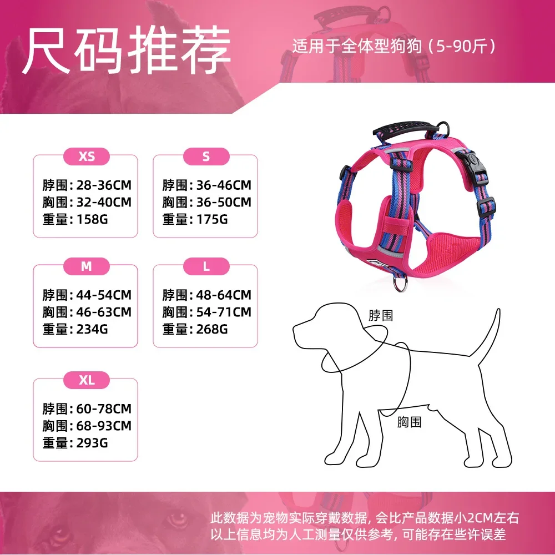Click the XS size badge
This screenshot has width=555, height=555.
[x=87, y=157]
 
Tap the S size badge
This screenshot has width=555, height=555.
[x=206, y=157]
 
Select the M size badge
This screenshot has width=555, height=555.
[x=87, y=266]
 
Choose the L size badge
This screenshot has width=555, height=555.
[x=206, y=266]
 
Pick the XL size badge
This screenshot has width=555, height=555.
[x=87, y=380]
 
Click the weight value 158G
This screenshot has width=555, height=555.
[x=92, y=219]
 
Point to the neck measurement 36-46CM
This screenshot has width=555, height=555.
[x=224, y=185]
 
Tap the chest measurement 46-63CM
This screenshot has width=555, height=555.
[x=104, y=312]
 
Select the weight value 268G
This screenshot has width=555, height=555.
[x=212, y=329]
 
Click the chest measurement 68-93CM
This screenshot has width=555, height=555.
[x=104, y=426]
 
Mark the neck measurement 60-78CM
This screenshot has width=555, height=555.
[x=104, y=409]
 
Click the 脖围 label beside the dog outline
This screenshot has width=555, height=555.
[x=381, y=315]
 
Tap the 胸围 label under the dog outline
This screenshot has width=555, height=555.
[x=409, y=422]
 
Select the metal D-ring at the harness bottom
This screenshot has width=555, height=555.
[x=400, y=284]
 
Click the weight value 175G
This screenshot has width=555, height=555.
[x=212, y=219]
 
